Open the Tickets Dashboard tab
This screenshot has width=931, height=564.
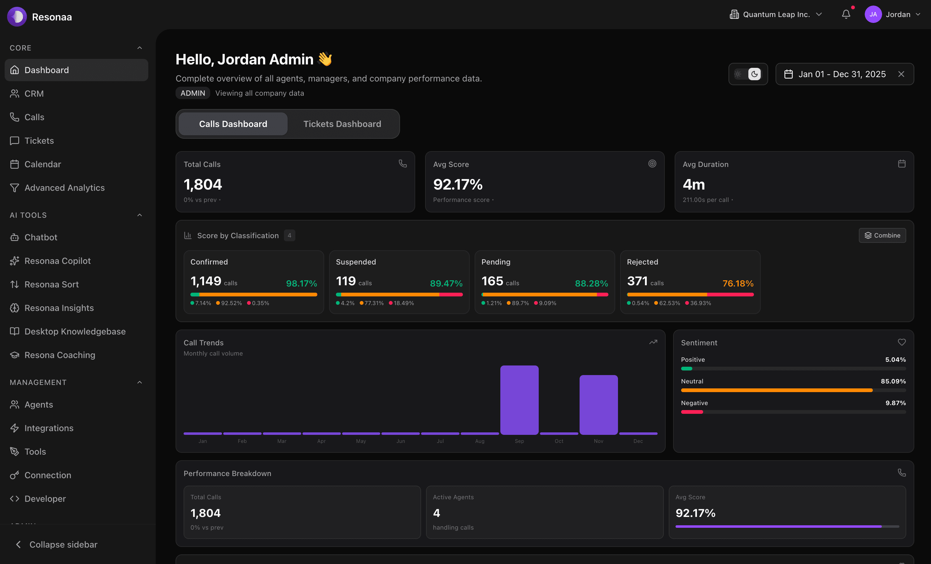[x=342, y=124]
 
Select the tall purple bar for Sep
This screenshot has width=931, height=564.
[x=519, y=400]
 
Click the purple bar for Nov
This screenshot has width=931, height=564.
[x=598, y=404]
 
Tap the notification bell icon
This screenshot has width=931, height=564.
[x=846, y=14]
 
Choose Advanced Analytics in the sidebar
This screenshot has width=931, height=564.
[x=64, y=188]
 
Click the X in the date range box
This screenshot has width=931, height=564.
[x=901, y=74]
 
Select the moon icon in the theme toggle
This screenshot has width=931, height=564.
[x=755, y=74]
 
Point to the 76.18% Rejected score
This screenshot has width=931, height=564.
[x=737, y=283]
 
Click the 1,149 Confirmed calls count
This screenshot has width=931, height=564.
[x=206, y=281]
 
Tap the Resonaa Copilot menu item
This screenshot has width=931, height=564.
[x=57, y=261]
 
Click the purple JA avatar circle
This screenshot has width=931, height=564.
[x=873, y=14]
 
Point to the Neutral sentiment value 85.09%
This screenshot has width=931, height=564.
[x=893, y=381]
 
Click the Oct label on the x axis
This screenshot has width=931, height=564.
[x=559, y=441]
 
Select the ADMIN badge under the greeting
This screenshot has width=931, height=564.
[x=193, y=93]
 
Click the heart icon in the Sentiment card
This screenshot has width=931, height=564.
[x=902, y=342]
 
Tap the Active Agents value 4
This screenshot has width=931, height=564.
[x=437, y=513]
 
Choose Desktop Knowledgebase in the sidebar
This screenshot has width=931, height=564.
[x=75, y=331]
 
